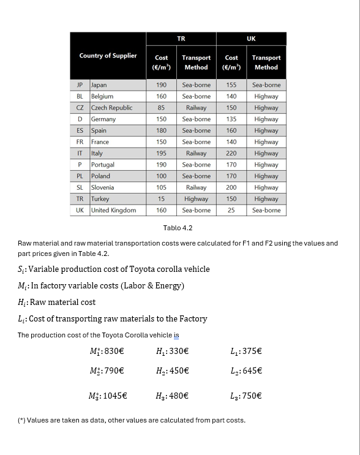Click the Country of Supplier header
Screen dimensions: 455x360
tap(108, 56)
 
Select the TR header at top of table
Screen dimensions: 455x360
tap(181, 39)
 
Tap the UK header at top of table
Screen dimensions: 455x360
tap(251, 39)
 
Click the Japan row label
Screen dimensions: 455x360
tap(99, 85)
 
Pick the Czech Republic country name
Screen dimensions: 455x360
tap(111, 108)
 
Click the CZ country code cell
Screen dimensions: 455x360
tap(80, 108)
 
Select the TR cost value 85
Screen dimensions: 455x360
tap(161, 108)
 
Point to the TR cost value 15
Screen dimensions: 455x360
tap(161, 199)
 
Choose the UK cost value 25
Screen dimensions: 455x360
tap(231, 210)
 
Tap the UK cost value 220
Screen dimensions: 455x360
tap(231, 153)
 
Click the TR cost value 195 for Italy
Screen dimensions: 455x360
tap(161, 153)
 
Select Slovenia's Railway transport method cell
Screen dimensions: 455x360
tap(196, 187)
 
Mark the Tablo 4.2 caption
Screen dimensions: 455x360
tap(178, 228)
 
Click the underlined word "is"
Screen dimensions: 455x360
tap(176, 335)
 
